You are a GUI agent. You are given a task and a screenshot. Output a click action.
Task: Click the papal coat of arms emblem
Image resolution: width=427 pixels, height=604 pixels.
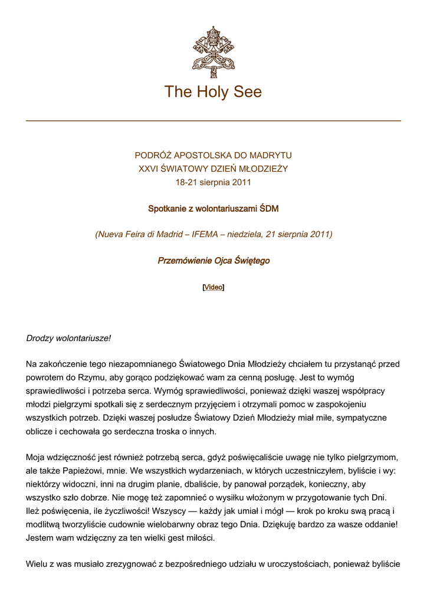click(213, 52)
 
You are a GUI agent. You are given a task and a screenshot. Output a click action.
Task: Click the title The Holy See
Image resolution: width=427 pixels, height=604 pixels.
click(213, 92)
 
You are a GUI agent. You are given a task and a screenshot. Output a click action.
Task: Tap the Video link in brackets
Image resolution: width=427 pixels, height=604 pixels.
click(213, 287)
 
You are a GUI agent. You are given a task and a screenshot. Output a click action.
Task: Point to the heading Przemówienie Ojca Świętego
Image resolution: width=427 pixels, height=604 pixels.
click(213, 261)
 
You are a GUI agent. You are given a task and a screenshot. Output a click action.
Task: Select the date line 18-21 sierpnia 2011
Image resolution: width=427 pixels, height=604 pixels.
click(213, 182)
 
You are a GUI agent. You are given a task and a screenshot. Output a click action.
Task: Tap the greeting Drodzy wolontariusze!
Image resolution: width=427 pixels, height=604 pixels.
click(68, 339)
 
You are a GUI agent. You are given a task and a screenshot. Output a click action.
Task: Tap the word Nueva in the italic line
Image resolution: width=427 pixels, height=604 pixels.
click(111, 234)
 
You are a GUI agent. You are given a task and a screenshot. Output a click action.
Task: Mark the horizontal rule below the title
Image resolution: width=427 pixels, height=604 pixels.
click(213, 121)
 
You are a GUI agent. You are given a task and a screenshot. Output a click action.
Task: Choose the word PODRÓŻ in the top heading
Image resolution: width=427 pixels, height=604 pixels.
click(153, 156)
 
